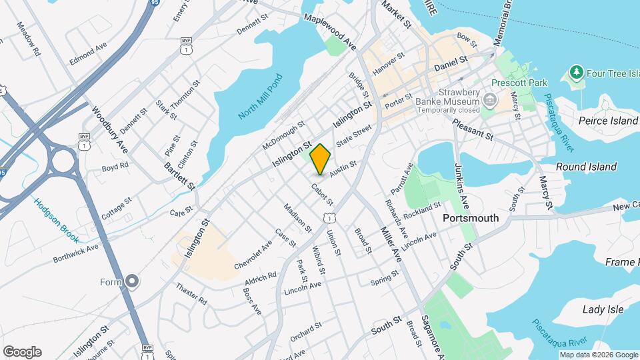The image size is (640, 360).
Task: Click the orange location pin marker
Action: pyautogui.click(x=321, y=159)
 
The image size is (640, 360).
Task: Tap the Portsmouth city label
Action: pyautogui.click(x=471, y=218)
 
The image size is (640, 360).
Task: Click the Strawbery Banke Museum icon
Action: pyautogui.click(x=490, y=101)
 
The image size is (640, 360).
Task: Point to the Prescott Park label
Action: pyautogui.click(x=514, y=83)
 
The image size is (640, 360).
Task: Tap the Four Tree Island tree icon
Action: pyautogui.click(x=575, y=71)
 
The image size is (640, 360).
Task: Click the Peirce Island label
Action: pyautogui.click(x=608, y=121)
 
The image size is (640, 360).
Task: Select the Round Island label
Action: pyautogui.click(x=587, y=167)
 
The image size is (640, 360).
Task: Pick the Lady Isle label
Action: pyautogui.click(x=603, y=309)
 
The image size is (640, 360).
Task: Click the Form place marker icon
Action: pyautogui.click(x=132, y=282)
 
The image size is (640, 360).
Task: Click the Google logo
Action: pyautogui.click(x=22, y=352)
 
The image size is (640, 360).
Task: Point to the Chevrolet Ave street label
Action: pyautogui.click(x=253, y=255)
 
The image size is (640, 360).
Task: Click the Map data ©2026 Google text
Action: pyautogui.click(x=598, y=355)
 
